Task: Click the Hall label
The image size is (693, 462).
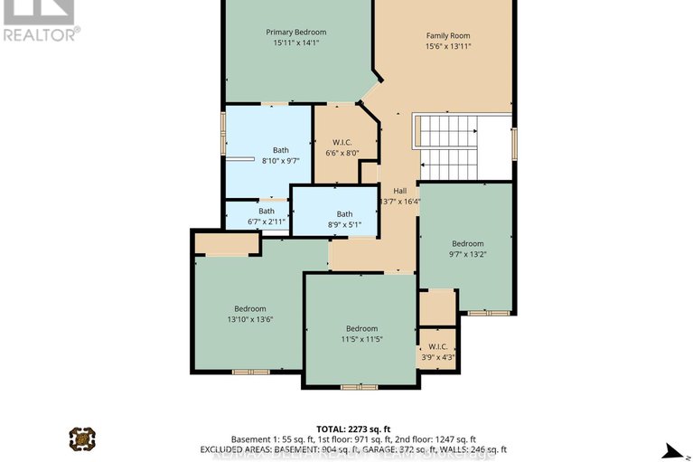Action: [x=400, y=191]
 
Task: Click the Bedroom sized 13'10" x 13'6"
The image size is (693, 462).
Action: [x=250, y=314]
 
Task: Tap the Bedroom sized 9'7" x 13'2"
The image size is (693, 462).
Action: [x=468, y=249]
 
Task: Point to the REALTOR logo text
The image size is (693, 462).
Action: [x=41, y=33]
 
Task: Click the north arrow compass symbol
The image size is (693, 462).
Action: [x=670, y=448]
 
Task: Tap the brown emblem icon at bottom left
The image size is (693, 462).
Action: [x=82, y=438]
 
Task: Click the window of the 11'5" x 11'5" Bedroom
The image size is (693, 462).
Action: [x=359, y=387]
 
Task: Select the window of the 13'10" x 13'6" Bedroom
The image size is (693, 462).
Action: [x=250, y=371]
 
